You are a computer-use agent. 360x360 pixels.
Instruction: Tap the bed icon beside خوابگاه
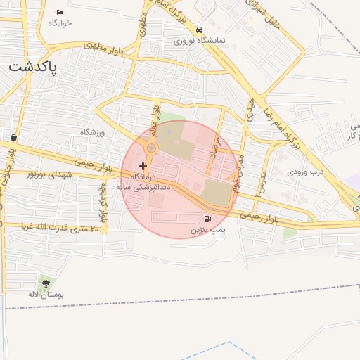(x=60, y=12)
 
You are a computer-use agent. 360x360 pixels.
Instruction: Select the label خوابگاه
(x=60, y=22)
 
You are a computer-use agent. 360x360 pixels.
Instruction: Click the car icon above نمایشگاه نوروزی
(x=200, y=30)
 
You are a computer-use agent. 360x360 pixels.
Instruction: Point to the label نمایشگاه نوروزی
(x=200, y=41)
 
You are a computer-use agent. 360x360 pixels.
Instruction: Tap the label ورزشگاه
(x=92, y=132)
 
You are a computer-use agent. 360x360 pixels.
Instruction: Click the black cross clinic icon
(x=143, y=166)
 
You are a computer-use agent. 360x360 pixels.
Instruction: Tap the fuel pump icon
(x=207, y=219)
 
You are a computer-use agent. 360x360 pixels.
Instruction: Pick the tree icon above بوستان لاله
(x=46, y=284)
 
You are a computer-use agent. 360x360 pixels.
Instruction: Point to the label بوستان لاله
(x=46, y=295)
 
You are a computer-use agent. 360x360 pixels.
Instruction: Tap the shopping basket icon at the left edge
(x=14, y=137)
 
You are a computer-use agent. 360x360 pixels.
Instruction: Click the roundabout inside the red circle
(x=151, y=148)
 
